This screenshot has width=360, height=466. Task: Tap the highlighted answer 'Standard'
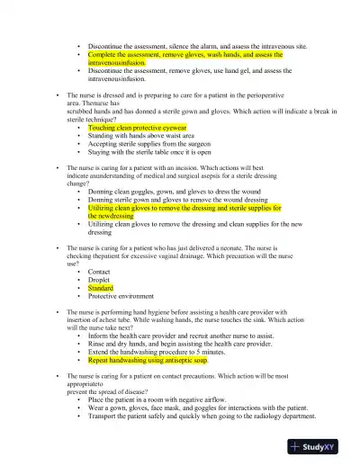[101, 288]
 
